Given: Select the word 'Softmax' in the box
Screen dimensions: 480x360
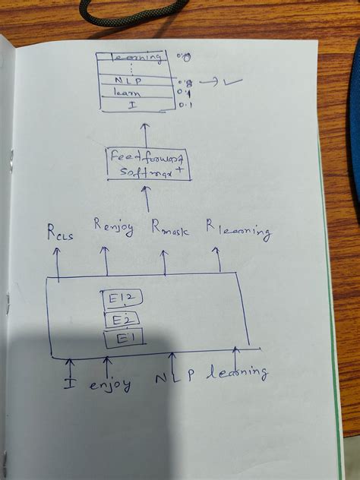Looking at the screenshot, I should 143,172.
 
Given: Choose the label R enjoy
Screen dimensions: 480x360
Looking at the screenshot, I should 114,226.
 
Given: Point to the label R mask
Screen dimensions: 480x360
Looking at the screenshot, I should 170,228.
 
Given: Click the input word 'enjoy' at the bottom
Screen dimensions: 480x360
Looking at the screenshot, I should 109,385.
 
